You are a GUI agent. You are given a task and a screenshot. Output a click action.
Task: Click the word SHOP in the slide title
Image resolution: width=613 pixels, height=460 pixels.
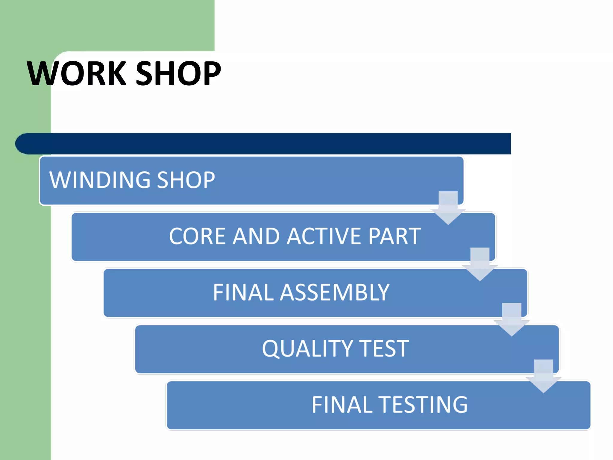pyautogui.click(x=178, y=73)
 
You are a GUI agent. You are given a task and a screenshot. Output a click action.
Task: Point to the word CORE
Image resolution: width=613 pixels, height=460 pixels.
pyautogui.click(x=198, y=236)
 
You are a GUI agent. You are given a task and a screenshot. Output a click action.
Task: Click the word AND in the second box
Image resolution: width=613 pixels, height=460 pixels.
pyautogui.click(x=256, y=236)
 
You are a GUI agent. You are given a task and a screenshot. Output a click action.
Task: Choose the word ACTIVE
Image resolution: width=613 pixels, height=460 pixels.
pyautogui.click(x=324, y=236)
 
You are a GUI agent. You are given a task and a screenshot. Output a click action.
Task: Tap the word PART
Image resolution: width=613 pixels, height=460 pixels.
pyautogui.click(x=395, y=236)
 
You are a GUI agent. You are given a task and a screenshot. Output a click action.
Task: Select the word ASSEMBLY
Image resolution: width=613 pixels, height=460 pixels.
pyautogui.click(x=335, y=292)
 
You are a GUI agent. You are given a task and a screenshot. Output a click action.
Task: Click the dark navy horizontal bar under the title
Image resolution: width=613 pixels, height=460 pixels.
pyautogui.click(x=269, y=144)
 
